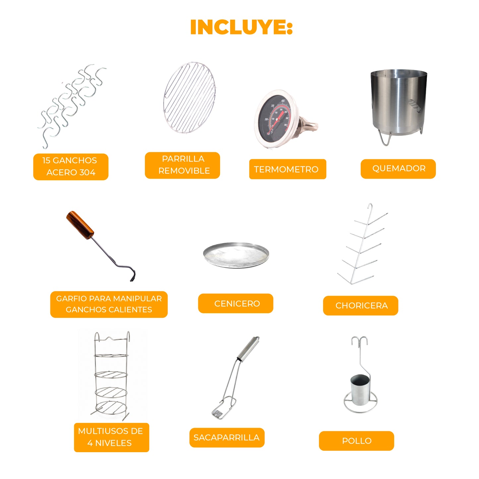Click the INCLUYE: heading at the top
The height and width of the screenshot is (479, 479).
point(241,27)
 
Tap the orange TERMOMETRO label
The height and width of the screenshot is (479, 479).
point(288,169)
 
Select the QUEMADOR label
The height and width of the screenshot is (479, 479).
point(398,168)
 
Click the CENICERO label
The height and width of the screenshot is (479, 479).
point(236,303)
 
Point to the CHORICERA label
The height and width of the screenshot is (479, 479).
point(361,305)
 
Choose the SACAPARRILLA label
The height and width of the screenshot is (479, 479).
point(227,437)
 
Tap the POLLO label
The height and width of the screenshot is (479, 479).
point(356,441)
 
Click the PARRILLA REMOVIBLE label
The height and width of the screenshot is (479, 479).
point(182,165)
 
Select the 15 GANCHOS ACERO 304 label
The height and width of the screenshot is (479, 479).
point(71,166)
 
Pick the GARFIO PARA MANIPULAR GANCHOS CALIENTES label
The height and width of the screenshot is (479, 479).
point(109,304)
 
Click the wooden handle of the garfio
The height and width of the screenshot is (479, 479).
point(80,225)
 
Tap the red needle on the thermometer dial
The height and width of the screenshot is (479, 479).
point(276,122)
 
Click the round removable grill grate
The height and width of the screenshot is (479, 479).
point(189,97)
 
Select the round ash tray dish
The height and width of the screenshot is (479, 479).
point(236,255)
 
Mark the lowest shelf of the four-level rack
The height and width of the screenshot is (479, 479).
point(111,407)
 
